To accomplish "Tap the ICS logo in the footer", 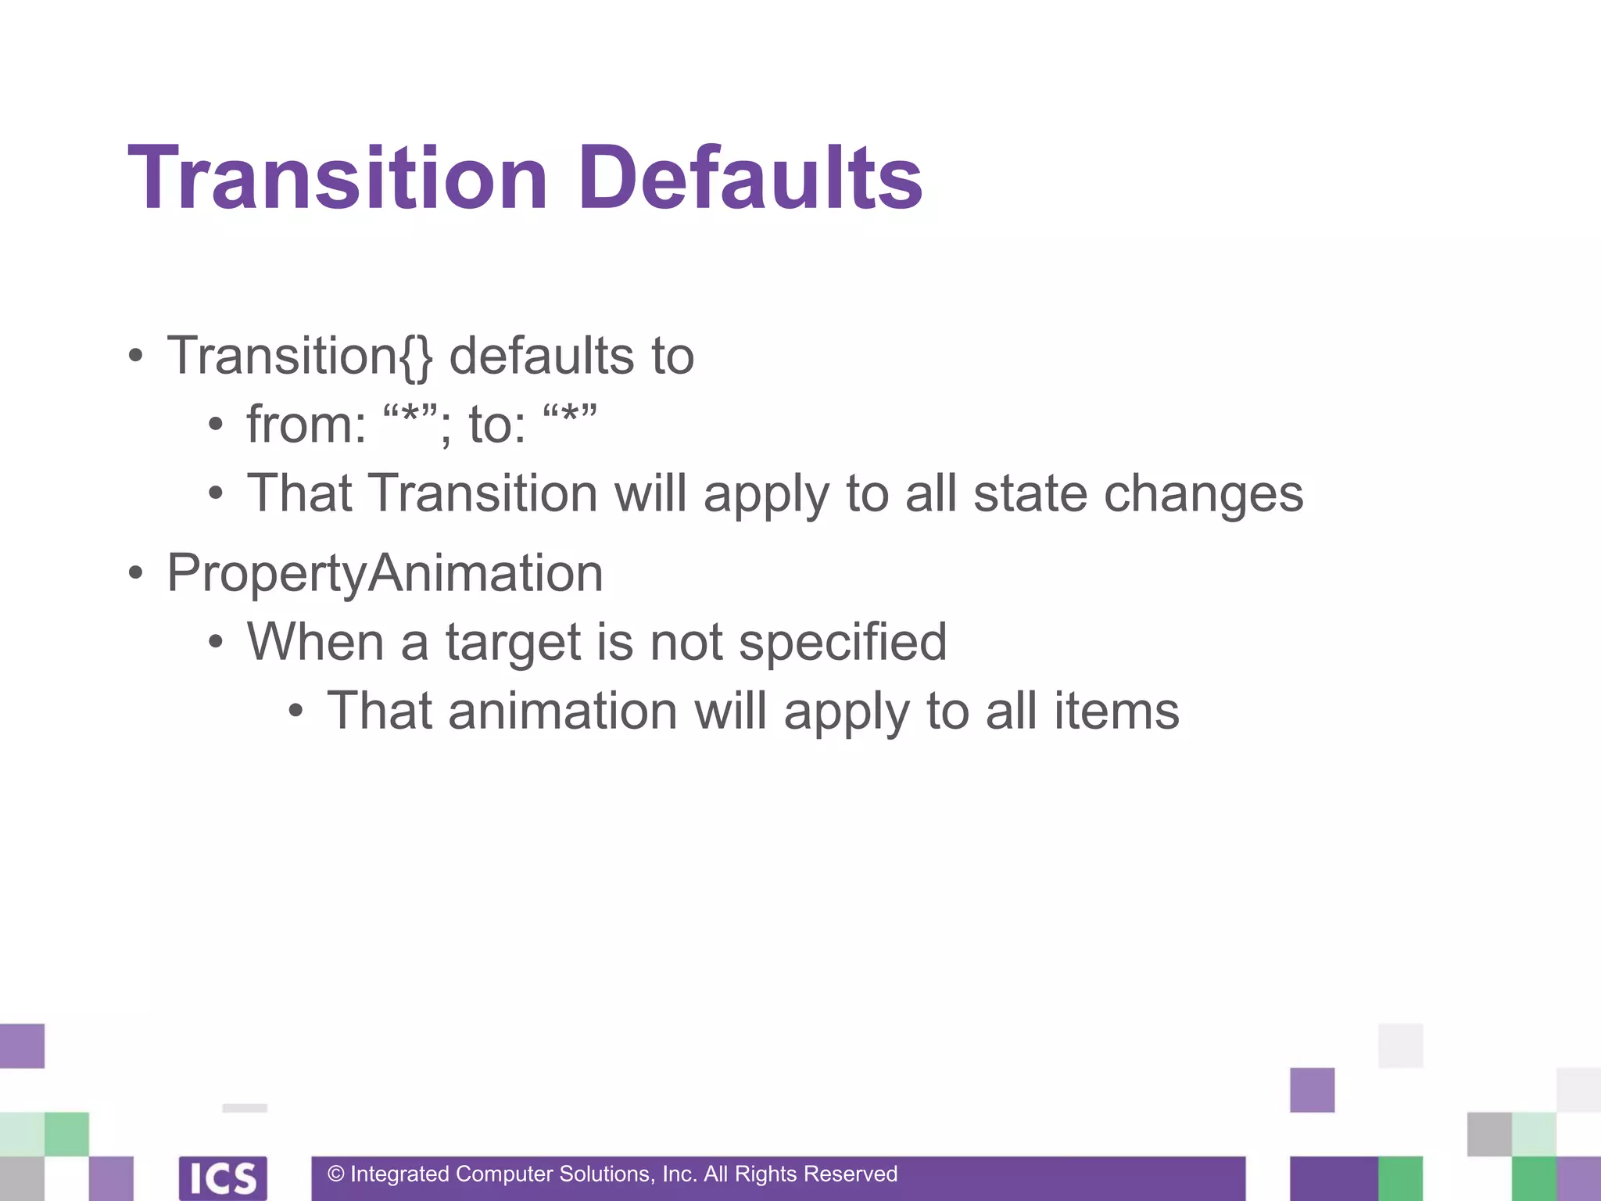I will [x=223, y=1178].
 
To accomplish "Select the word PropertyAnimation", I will [x=385, y=573].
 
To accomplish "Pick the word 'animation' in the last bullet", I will [x=562, y=712].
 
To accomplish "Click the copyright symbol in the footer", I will [x=336, y=1174].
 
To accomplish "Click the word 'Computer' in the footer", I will [x=503, y=1174].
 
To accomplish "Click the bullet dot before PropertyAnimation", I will [x=136, y=573].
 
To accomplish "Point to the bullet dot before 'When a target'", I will [x=216, y=643].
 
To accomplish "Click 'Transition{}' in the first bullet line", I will [x=299, y=357].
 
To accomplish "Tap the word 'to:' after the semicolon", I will [x=497, y=425].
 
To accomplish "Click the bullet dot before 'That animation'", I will [x=295, y=712].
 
